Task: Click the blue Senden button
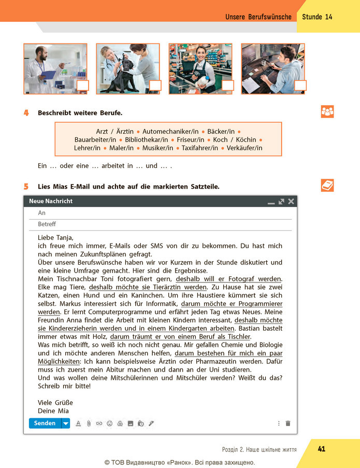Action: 45,423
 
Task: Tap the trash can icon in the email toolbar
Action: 288,423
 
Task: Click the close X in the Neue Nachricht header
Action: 291,202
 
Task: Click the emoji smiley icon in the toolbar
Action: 109,423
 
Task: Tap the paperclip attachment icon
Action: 89,423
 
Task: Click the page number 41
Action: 322,449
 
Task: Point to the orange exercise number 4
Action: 26,113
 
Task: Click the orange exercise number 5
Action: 26,187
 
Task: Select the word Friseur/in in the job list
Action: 190,140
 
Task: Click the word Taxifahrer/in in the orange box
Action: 200,148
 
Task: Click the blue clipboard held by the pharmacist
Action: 48,75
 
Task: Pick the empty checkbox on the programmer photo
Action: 300,86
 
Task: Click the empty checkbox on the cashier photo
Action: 228,86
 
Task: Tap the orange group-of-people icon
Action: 327,111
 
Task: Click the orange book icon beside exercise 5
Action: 327,186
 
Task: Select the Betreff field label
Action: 47,224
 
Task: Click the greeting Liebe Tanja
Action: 55,238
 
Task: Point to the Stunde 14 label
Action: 317,17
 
